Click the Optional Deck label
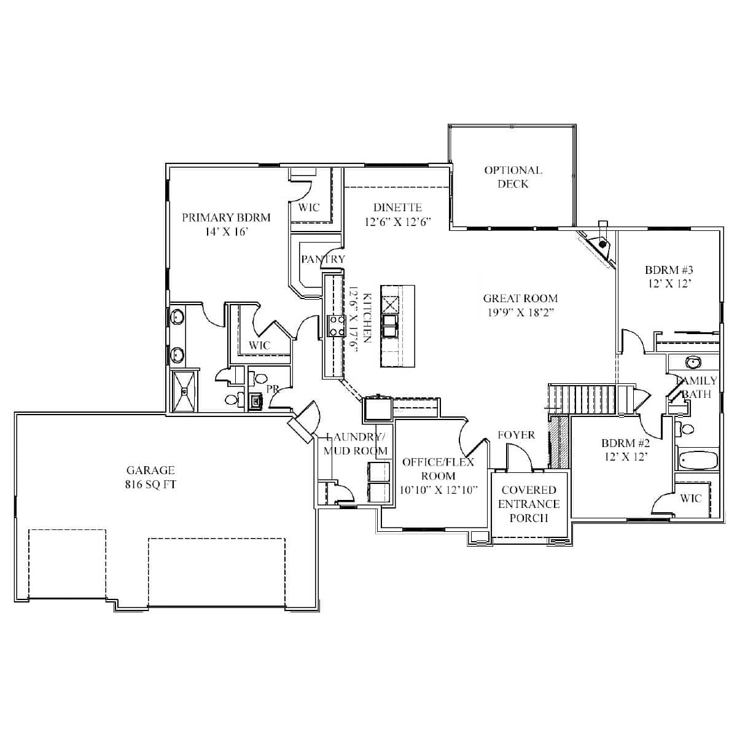tap(513, 177)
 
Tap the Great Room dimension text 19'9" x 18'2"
tap(520, 312)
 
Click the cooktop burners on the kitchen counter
tap(336, 326)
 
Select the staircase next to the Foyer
tap(583, 399)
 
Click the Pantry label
tap(323, 259)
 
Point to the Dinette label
tap(397, 208)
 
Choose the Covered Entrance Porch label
tap(529, 504)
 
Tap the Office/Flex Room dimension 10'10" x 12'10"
tap(438, 489)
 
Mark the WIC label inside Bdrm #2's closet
tap(690, 498)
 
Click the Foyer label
tap(516, 435)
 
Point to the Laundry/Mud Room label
tap(356, 443)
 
